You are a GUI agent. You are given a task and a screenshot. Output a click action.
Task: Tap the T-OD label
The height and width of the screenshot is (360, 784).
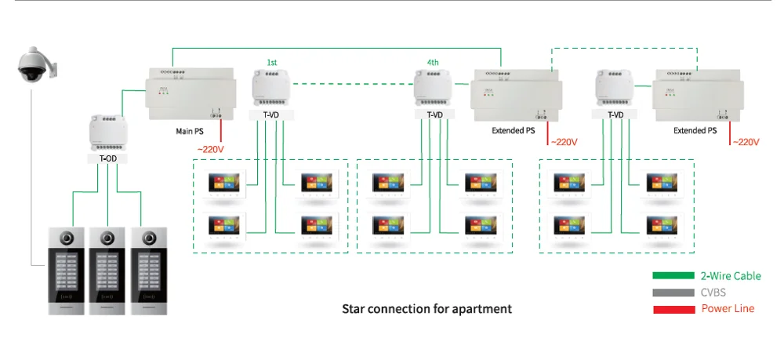108,158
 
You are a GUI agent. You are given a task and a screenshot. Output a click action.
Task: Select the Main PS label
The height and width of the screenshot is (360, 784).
190,131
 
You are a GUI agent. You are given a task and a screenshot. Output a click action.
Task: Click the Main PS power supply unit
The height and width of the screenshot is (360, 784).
191,93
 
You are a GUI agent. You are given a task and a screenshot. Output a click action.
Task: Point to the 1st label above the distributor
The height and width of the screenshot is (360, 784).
271,61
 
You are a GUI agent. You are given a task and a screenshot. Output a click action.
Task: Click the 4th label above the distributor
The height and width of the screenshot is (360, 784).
433,61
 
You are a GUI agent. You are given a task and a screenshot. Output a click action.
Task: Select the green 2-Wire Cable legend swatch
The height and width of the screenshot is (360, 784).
672,276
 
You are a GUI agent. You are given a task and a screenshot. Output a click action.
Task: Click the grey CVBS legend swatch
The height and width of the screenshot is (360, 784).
672,293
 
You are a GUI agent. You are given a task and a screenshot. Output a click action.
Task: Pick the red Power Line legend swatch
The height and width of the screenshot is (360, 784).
672,309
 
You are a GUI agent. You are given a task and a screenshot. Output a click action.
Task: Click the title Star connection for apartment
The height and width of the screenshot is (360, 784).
426,309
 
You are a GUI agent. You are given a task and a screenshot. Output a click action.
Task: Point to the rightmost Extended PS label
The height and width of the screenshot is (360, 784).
695,131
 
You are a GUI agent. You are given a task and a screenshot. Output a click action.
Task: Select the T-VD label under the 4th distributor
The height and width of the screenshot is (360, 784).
434,115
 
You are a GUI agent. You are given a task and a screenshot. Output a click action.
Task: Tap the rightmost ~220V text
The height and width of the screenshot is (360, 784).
746,142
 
